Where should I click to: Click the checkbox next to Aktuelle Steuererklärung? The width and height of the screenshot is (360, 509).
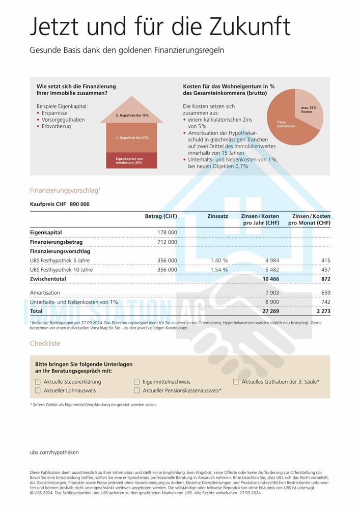click(x=38, y=382)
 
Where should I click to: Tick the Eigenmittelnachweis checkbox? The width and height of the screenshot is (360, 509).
click(x=136, y=382)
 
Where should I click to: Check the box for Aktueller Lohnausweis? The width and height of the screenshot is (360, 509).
click(x=38, y=390)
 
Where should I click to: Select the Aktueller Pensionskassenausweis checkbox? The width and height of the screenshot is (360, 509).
click(x=136, y=390)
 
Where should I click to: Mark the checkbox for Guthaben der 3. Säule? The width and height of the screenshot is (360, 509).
click(x=236, y=382)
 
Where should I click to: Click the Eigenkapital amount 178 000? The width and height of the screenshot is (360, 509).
click(x=167, y=233)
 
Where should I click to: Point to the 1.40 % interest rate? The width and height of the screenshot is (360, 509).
click(x=219, y=261)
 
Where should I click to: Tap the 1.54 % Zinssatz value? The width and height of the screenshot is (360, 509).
click(x=219, y=270)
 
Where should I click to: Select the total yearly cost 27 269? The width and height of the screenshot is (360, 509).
click(x=270, y=310)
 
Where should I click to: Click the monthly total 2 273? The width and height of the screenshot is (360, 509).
click(x=322, y=310)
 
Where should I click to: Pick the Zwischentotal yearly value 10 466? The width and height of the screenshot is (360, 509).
click(x=270, y=279)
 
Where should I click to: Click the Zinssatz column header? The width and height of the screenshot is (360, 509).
click(x=217, y=216)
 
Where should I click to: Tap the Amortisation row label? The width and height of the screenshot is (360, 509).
click(x=45, y=293)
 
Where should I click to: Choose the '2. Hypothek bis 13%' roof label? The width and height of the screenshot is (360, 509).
click(x=132, y=116)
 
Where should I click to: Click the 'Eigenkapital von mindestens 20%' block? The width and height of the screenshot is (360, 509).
click(x=129, y=161)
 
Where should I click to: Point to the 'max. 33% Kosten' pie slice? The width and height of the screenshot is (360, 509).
click(x=308, y=109)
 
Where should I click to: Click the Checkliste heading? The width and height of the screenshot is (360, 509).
click(x=45, y=344)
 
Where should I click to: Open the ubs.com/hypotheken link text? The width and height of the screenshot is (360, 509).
click(x=54, y=452)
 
